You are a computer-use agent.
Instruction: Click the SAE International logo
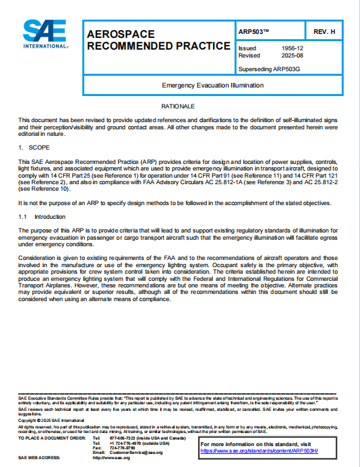tap(45, 35)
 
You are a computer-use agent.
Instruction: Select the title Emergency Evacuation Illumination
tap(212, 85)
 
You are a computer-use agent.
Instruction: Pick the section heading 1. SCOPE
tap(31, 148)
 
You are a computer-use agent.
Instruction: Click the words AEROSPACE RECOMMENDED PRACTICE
tap(158, 40)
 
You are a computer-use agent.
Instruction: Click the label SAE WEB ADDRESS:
tap(39, 457)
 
